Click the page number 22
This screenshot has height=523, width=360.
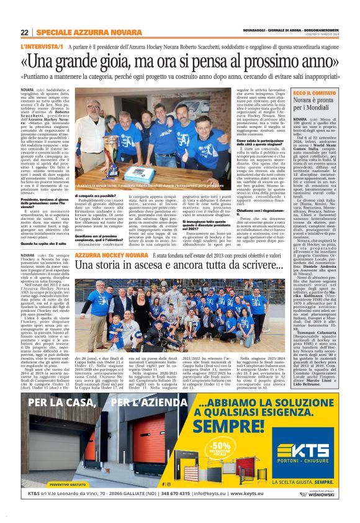24,33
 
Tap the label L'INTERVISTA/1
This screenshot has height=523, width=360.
42,47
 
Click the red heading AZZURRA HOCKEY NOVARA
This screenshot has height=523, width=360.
112,255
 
